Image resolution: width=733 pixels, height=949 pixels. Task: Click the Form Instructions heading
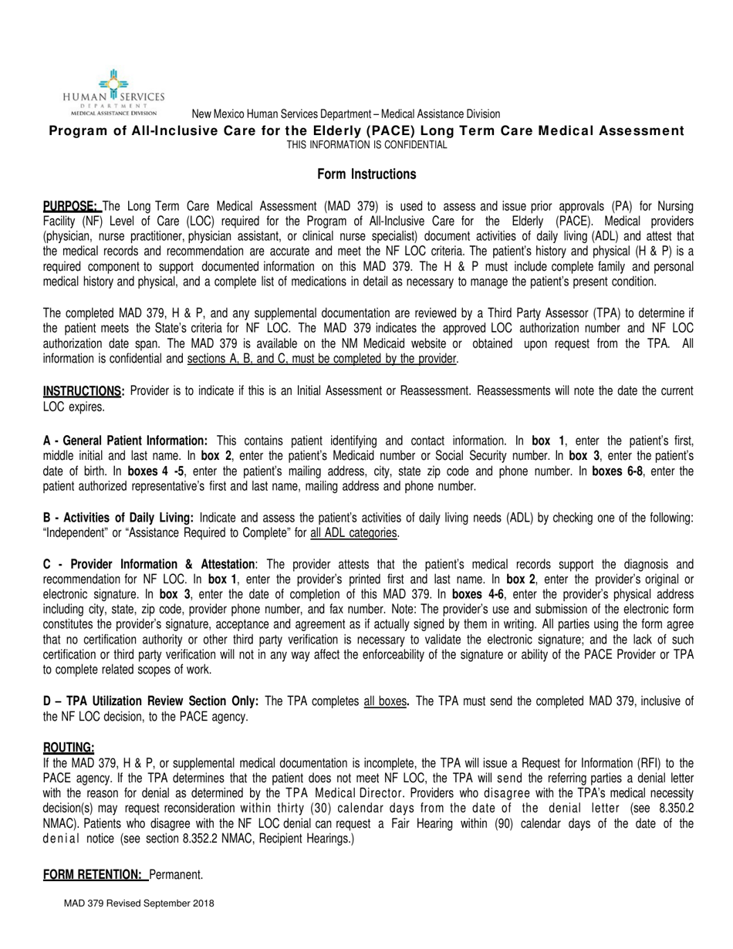tap(366, 174)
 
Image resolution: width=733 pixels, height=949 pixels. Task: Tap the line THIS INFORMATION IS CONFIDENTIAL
tap(366, 144)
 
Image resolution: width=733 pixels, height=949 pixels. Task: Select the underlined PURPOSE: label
tap(70, 206)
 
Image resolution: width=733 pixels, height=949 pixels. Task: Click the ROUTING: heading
tap(69, 748)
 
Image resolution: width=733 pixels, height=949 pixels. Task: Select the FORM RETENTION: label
tap(93, 874)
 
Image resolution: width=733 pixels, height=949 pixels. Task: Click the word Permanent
tap(175, 874)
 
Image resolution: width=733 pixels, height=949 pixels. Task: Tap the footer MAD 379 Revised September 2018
tap(140, 903)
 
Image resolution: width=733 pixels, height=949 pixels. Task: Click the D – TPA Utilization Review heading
tap(150, 701)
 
